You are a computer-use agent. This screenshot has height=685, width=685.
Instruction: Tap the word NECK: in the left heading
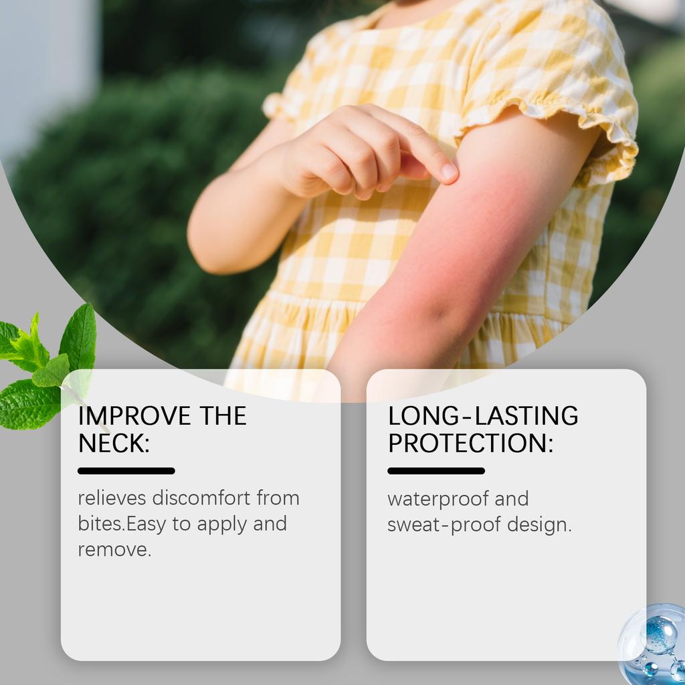click(114, 443)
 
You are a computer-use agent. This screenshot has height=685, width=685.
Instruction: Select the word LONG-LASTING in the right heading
click(483, 416)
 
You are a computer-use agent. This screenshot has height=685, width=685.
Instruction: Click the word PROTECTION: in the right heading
click(471, 443)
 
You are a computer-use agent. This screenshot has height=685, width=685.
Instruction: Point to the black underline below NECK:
click(126, 471)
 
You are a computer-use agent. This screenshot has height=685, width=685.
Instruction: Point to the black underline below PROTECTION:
click(436, 471)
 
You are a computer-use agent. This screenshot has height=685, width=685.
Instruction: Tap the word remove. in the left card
click(114, 550)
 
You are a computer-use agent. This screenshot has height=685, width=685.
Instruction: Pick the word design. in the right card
click(539, 525)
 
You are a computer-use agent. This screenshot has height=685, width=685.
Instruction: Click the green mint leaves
click(47, 368)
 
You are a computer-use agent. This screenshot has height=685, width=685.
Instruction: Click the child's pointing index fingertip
click(450, 173)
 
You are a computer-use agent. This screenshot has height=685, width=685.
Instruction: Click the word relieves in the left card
click(112, 498)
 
